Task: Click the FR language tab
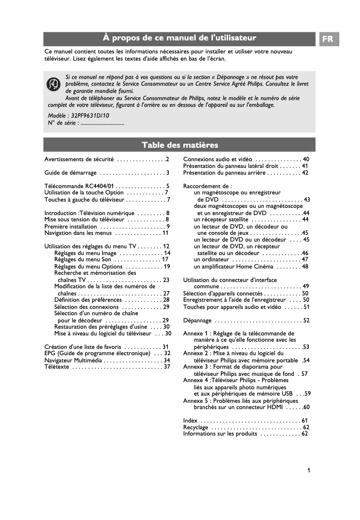[x=328, y=39]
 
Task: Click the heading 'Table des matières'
[x=180, y=145]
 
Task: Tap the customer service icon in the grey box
[x=54, y=84]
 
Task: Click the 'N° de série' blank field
[x=102, y=123]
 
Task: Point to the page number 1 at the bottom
[x=309, y=470]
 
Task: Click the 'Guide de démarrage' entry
[x=70, y=172]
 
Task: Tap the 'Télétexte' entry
[x=57, y=366]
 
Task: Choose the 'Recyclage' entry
[x=196, y=427]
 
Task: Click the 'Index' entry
[x=190, y=420]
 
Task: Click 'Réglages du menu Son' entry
[x=83, y=259]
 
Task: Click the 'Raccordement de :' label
[x=207, y=186]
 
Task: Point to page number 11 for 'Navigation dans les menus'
[x=165, y=233]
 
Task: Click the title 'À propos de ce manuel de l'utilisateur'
[x=180, y=38]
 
